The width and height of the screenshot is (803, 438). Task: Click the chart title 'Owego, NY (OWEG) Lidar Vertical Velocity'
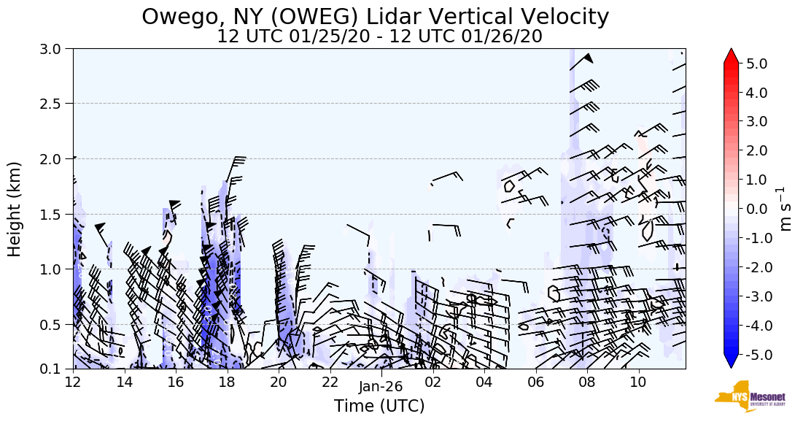tap(375, 16)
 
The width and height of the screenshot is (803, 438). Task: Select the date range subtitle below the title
tap(379, 36)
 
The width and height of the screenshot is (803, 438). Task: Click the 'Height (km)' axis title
tap(15, 209)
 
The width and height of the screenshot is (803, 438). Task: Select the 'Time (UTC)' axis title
tap(379, 406)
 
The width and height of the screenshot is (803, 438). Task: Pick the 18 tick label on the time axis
tap(227, 382)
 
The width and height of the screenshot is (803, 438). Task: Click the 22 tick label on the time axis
tap(330, 382)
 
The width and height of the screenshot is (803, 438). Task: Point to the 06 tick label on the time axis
tap(535, 382)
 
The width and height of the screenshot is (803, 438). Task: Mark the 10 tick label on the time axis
tap(638, 382)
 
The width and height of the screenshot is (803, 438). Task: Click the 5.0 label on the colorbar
tap(757, 64)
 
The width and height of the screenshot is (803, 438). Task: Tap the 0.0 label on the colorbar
tap(757, 210)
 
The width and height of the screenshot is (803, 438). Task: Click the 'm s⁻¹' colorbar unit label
tap(786, 209)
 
